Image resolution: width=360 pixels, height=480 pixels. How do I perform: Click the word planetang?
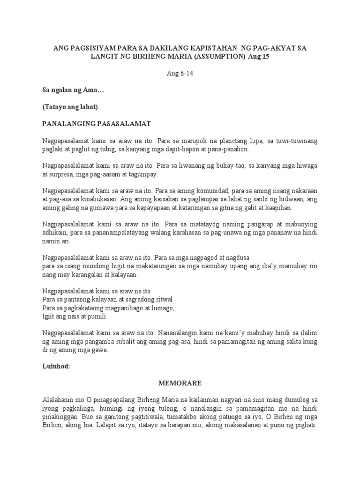[x=230, y=141]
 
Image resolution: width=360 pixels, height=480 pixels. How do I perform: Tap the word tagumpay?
[x=143, y=174]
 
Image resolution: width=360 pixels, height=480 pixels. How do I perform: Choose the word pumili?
[x=90, y=317]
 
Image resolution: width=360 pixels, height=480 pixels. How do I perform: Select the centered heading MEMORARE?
[x=180, y=383]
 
